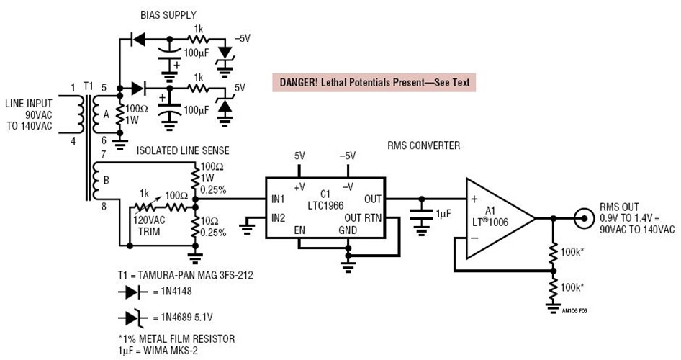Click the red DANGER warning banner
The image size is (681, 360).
click(x=373, y=82)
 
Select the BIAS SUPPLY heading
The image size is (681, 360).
click(x=166, y=14)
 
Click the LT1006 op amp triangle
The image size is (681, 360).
click(x=497, y=217)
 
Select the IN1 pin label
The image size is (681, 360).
click(x=279, y=199)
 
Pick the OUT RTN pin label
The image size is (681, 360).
click(x=364, y=217)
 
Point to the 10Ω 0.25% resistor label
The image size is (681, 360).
click(x=212, y=227)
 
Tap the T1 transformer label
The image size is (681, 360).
click(x=88, y=86)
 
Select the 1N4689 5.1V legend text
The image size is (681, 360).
click(x=185, y=318)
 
